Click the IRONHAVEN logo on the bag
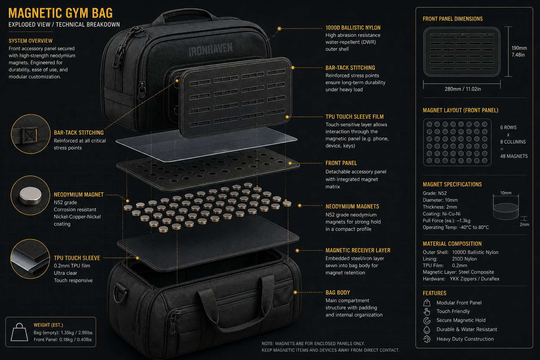tap(210, 50)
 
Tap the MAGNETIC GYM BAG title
tap(60, 13)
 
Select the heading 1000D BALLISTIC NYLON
tap(353, 28)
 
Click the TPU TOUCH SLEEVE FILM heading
tap(354, 117)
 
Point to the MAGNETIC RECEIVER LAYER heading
tap(358, 250)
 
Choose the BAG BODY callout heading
tap(337, 292)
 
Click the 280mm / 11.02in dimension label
tap(463, 89)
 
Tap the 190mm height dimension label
tap(519, 48)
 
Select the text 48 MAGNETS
tap(514, 156)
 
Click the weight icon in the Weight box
tap(19, 332)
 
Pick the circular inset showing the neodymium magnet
tap(30, 195)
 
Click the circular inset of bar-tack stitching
tap(31, 134)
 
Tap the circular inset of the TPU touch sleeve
tap(30, 259)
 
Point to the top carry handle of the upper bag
tap(185, 14)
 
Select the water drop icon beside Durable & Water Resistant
tap(427, 330)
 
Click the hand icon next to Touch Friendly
tap(427, 311)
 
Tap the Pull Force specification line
tap(446, 221)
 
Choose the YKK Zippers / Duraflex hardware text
tap(474, 279)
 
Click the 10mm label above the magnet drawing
tap(506, 193)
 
